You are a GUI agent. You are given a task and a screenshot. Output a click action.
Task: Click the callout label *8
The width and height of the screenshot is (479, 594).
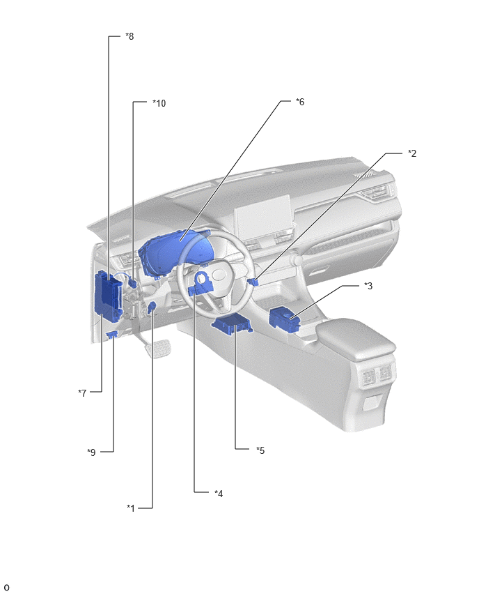pos(129,36)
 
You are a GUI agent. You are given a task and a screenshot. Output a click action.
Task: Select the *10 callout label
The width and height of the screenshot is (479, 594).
pos(159,103)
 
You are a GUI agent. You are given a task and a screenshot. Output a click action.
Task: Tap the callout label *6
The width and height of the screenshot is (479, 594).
pos(300,102)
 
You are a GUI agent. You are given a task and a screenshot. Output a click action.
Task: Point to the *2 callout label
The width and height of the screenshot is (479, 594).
pos(412,153)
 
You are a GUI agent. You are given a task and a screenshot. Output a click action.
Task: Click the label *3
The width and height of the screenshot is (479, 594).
pos(368,286)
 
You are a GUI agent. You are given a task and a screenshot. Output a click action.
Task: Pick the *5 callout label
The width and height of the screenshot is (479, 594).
pos(260,450)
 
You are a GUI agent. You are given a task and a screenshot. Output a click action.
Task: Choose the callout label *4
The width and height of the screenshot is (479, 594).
pos(219,493)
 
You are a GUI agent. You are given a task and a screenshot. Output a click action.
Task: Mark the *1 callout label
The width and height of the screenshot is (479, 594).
pos(131,508)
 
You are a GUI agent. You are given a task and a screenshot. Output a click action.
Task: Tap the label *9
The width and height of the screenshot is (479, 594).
pos(91,452)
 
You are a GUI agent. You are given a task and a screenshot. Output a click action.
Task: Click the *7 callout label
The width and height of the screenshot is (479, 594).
pos(82,393)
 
